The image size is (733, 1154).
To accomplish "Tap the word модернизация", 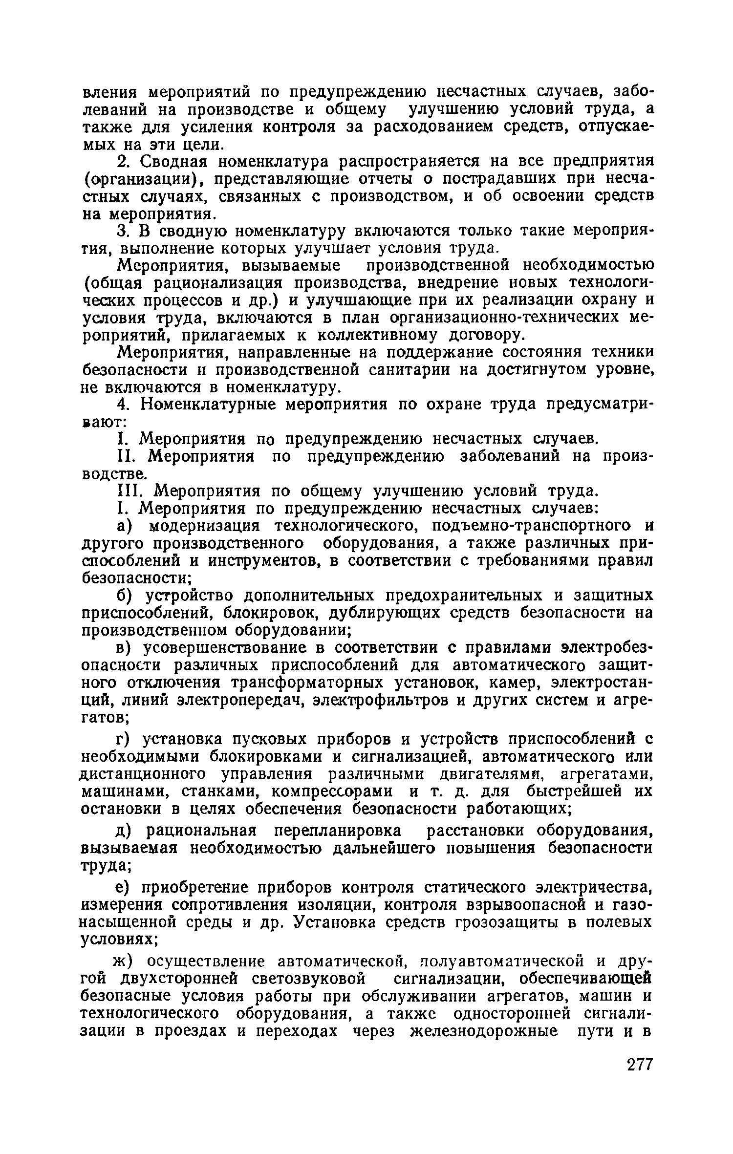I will click(208, 526).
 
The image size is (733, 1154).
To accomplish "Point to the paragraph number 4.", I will click(124, 405).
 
